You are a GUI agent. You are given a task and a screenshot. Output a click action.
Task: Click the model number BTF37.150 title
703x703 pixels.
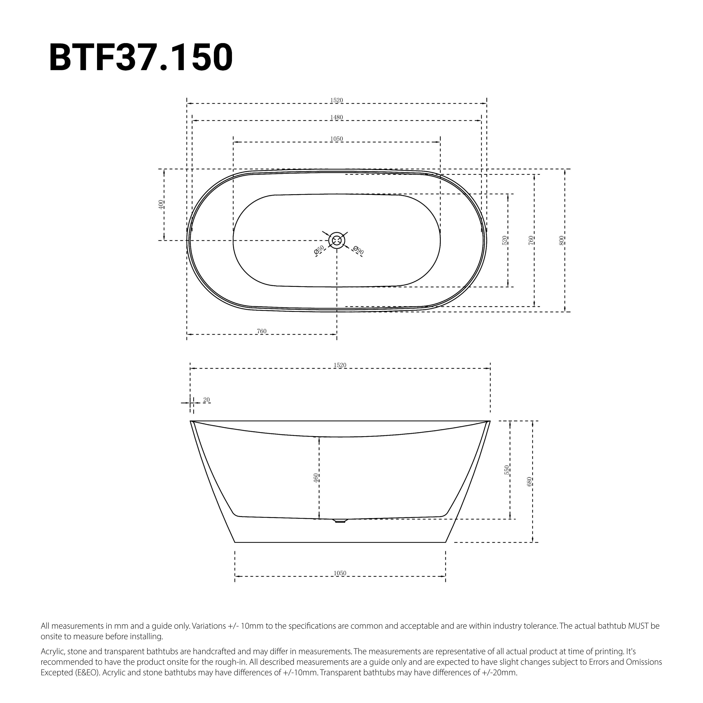tap(141, 58)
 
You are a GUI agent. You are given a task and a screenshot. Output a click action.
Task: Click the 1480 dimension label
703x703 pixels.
tap(337, 117)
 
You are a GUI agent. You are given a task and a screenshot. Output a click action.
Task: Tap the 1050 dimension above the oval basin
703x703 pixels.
tap(337, 139)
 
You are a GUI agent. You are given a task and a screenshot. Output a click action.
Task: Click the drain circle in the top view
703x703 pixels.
tap(337, 240)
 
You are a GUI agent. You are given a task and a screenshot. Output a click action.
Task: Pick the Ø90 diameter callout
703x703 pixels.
tap(358, 250)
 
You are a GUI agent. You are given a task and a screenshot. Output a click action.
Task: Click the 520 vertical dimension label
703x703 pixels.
tap(504, 240)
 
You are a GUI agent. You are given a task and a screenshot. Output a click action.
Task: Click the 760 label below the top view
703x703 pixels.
tap(262, 331)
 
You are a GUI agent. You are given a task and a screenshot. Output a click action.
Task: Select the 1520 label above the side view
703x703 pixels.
tap(340, 365)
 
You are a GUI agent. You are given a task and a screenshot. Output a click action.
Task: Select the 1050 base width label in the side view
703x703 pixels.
tap(340, 573)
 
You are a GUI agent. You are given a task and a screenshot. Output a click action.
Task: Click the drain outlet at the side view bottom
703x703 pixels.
tap(340, 521)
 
